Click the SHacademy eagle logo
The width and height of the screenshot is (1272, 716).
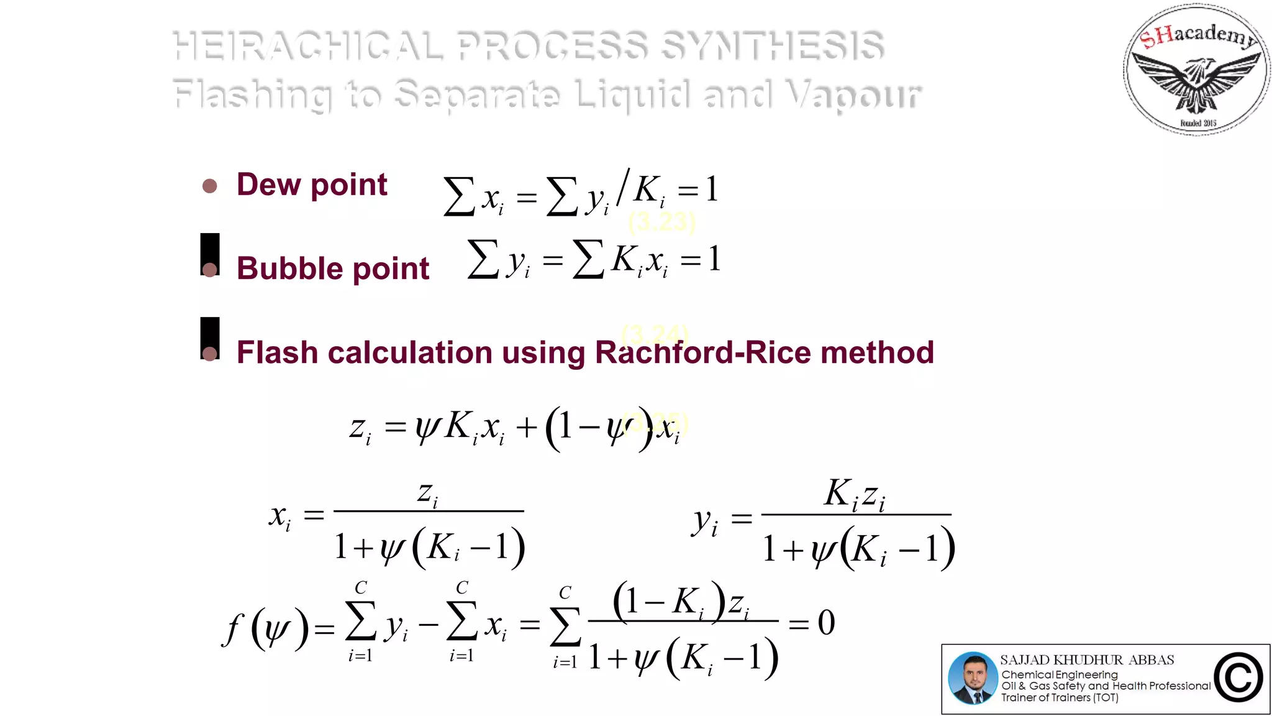(x=1196, y=70)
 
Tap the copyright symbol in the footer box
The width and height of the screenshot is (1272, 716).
(x=1238, y=678)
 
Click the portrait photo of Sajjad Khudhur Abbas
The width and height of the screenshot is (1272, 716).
(x=973, y=678)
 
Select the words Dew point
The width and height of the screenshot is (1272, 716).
(x=312, y=185)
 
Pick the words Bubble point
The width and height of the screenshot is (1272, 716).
(x=333, y=268)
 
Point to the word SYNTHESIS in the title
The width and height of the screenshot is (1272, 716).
(x=772, y=45)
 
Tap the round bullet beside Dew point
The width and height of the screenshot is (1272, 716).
(x=210, y=186)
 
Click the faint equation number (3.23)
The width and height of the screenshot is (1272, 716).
(x=662, y=222)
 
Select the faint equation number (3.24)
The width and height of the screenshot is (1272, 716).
(x=655, y=334)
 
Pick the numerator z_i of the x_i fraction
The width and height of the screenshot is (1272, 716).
(x=428, y=494)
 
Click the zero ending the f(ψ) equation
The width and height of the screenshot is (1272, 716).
(x=826, y=623)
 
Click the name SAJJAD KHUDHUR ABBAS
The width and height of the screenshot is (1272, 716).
(x=1087, y=660)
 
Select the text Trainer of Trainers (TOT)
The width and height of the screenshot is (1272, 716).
(x=1060, y=697)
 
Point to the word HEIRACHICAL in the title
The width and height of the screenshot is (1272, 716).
(x=308, y=45)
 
